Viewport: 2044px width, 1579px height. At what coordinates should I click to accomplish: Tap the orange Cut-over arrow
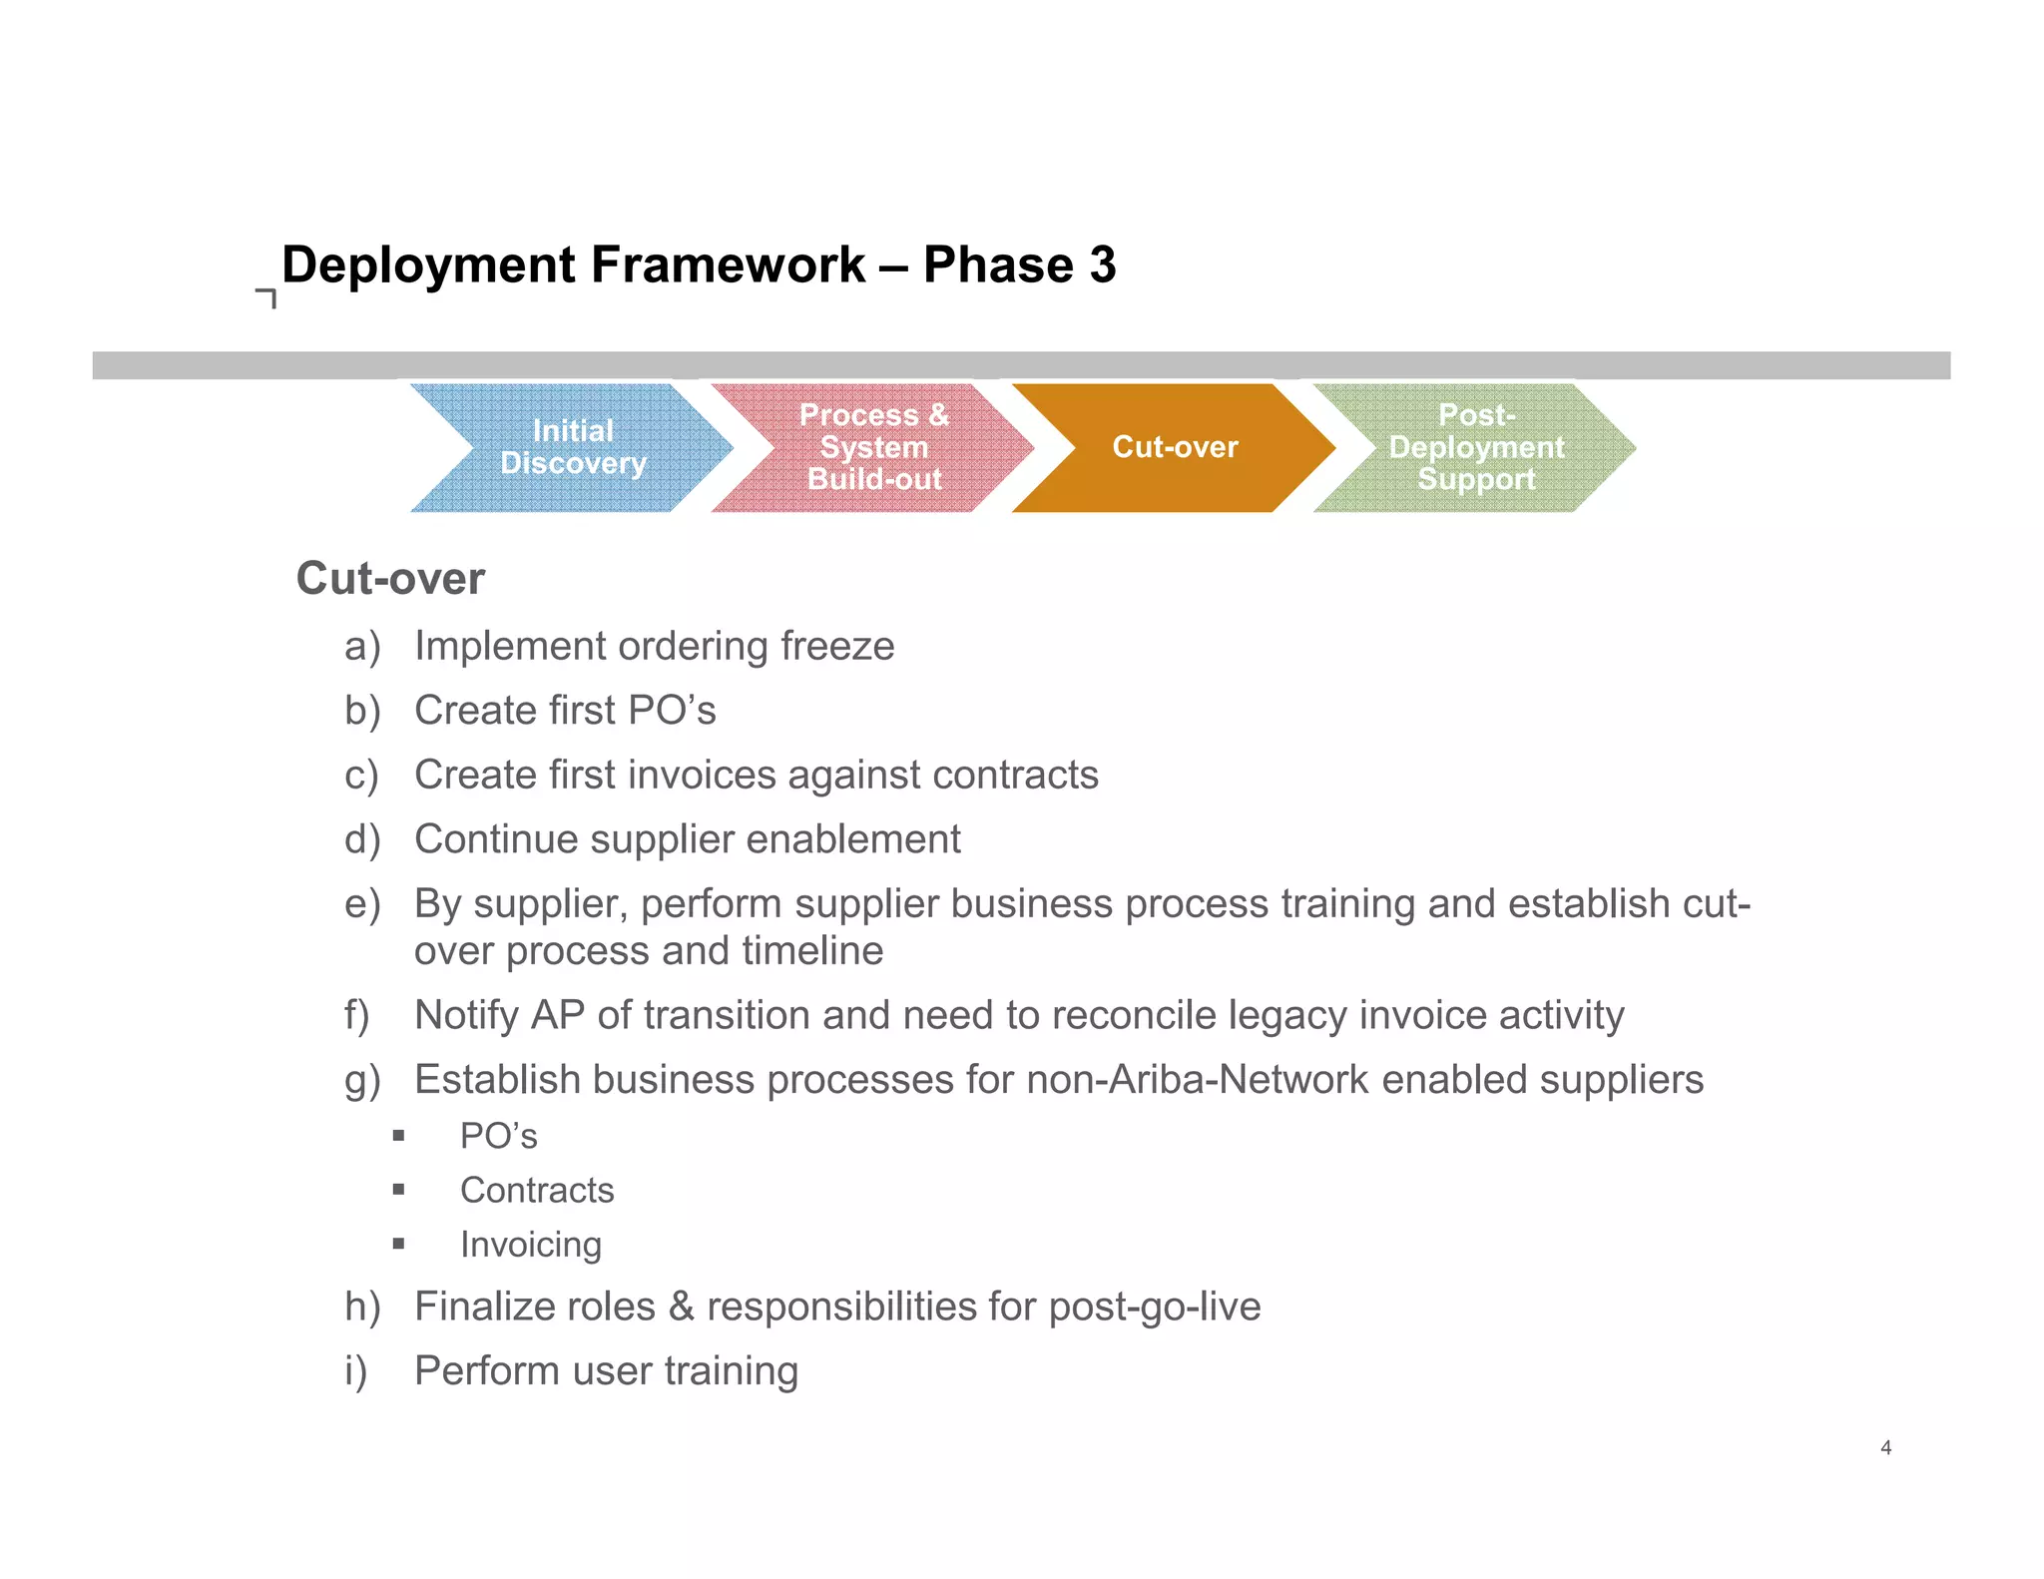(x=1175, y=447)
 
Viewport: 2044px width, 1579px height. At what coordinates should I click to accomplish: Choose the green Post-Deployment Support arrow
(x=1476, y=447)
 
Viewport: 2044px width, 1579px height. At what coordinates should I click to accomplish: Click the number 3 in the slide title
(x=1102, y=265)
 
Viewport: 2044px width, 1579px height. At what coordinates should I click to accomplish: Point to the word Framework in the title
(x=728, y=265)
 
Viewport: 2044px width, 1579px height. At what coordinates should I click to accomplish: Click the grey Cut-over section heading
(x=390, y=579)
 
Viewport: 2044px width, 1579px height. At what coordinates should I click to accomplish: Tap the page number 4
(x=1885, y=1447)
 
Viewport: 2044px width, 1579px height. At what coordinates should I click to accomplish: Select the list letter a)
(x=362, y=647)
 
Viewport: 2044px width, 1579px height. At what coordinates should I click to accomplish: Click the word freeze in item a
(x=837, y=647)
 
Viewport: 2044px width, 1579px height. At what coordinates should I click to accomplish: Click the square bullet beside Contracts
(x=398, y=1189)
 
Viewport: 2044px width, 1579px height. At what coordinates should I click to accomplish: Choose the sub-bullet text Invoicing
(x=531, y=1245)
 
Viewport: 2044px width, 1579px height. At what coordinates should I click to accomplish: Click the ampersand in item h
(x=681, y=1307)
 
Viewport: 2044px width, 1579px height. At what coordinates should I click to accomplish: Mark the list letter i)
(x=356, y=1371)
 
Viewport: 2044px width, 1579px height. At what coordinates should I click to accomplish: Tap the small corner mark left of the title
(x=266, y=297)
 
